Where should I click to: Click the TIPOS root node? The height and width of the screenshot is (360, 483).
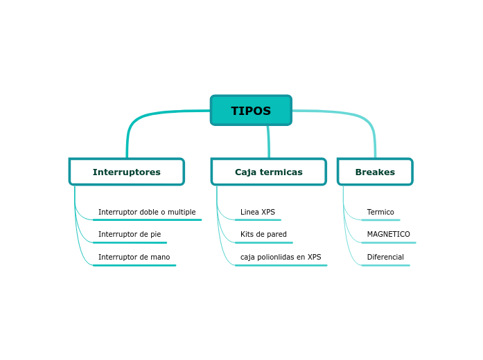[x=251, y=111]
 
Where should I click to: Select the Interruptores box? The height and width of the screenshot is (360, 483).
[x=127, y=172]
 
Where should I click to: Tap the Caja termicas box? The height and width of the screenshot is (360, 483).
[x=269, y=172]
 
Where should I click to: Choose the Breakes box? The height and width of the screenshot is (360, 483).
[x=375, y=172]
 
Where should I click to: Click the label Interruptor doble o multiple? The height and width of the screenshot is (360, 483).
[x=147, y=212]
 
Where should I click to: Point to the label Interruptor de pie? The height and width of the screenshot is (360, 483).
[x=130, y=234]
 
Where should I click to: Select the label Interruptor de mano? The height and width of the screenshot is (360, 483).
[x=134, y=257]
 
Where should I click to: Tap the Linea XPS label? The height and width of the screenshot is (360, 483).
[x=258, y=212]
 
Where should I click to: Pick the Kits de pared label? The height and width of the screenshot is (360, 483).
[x=263, y=234]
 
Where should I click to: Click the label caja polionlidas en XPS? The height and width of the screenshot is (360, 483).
[x=281, y=257]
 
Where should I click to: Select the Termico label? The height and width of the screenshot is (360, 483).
[x=380, y=212]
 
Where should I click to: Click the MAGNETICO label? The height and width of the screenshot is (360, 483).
[x=388, y=234]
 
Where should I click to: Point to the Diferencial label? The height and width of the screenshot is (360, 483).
[x=385, y=257]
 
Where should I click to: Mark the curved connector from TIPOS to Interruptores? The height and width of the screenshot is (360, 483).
[x=139, y=118]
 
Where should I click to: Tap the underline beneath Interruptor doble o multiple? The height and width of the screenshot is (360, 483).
[x=147, y=219]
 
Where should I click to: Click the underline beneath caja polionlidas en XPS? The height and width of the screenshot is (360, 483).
[x=281, y=265]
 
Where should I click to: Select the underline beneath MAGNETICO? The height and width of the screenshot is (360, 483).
[x=388, y=242]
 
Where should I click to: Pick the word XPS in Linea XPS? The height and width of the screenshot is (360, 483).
[x=267, y=212]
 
